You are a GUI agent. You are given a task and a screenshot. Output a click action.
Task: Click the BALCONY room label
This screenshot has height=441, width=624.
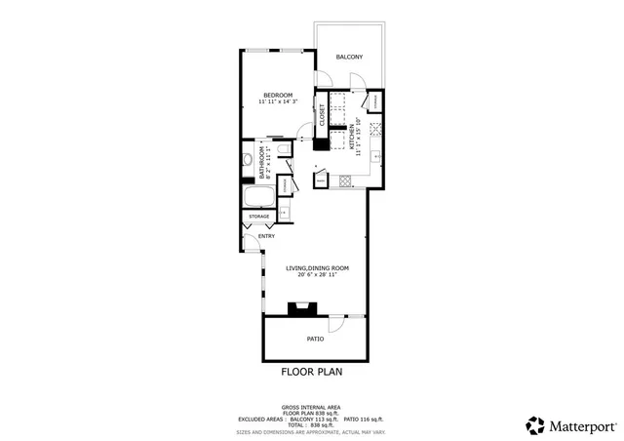click(349, 58)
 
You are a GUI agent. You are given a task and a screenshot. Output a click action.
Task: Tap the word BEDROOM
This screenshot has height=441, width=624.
click(278, 95)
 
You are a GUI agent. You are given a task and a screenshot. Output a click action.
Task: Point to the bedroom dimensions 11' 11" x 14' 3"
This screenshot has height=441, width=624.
click(278, 101)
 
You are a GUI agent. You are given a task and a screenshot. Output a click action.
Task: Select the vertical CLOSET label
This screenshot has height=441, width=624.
click(321, 114)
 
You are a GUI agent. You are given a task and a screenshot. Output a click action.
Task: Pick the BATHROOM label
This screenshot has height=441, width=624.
click(261, 162)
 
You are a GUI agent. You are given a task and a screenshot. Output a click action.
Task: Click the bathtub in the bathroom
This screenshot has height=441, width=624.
click(258, 196)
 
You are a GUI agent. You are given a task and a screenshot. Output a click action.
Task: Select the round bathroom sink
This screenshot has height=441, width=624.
click(248, 160)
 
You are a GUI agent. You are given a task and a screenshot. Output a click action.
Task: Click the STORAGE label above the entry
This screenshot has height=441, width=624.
click(258, 217)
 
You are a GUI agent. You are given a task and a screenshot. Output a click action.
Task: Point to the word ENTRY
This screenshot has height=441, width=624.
click(266, 236)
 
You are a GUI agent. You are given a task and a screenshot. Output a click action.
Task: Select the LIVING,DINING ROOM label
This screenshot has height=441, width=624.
click(317, 268)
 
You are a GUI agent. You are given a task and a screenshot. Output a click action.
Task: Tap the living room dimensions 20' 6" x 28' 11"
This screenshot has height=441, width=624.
click(317, 275)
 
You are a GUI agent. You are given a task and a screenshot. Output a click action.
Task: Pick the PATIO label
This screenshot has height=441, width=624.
click(315, 339)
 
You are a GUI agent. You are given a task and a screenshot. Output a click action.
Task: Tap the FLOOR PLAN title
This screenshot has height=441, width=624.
click(312, 372)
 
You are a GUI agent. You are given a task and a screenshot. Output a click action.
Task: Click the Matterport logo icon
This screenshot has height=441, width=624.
click(536, 424)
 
